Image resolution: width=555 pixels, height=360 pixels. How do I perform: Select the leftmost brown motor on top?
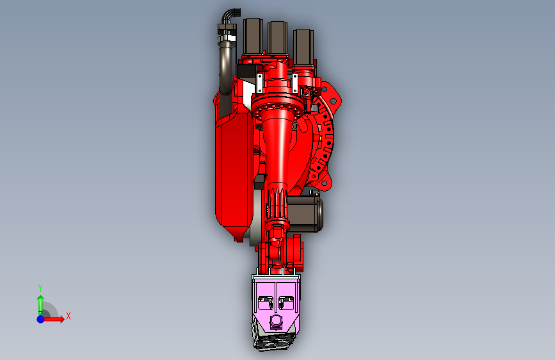click(253, 36)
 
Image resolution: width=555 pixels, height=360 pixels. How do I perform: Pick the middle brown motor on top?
click(277, 38)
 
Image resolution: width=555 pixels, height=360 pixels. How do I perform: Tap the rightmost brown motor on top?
click(303, 46)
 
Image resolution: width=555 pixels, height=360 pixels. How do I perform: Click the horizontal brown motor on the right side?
click(305, 214)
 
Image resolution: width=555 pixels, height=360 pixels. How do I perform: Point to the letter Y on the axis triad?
click(40, 288)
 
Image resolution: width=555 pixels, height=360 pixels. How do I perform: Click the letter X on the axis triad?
click(68, 316)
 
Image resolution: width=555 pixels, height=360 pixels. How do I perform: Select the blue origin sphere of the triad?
click(41, 319)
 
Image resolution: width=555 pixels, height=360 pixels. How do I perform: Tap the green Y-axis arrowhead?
click(41, 299)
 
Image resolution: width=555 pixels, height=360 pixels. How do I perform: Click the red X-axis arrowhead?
click(61, 319)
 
